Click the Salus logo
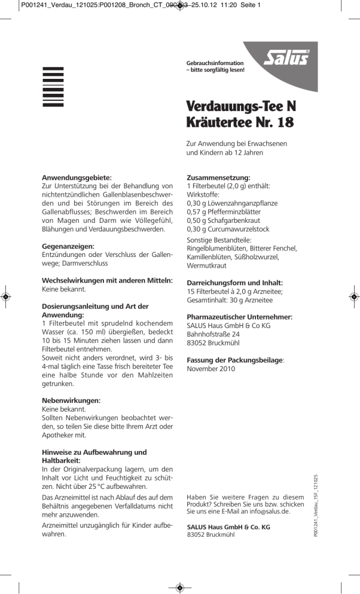[286, 59]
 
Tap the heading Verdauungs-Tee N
[241, 107]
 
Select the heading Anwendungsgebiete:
[77, 177]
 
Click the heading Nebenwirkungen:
[71, 400]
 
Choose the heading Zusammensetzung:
[218, 177]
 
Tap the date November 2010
[211, 369]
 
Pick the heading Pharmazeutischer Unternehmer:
[239, 317]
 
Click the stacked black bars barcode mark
[53, 87]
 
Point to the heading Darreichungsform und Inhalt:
[235, 283]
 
